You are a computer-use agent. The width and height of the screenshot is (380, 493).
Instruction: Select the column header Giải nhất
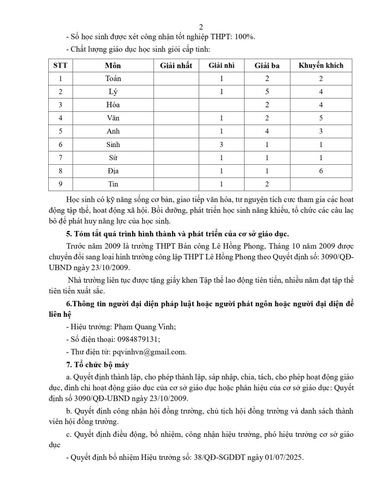(176, 65)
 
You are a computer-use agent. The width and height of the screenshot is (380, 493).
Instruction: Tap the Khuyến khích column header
(321, 65)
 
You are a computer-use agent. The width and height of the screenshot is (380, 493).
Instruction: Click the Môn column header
(113, 65)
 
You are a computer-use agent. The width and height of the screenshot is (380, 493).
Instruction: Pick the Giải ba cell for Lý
(267, 92)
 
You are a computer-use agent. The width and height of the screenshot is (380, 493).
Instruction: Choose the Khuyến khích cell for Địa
(321, 171)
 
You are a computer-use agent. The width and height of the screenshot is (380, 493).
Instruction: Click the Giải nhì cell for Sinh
(221, 144)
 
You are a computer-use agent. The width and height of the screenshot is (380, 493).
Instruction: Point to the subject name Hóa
(113, 105)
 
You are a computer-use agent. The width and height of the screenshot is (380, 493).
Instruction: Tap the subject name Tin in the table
(113, 184)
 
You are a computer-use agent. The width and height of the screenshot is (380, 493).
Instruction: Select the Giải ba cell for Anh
(267, 131)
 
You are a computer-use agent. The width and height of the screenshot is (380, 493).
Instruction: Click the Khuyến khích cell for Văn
(321, 118)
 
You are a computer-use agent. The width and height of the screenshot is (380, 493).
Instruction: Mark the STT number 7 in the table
(60, 157)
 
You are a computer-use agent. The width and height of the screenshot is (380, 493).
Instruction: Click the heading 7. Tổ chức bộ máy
(98, 365)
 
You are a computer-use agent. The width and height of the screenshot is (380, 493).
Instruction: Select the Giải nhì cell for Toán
(221, 79)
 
